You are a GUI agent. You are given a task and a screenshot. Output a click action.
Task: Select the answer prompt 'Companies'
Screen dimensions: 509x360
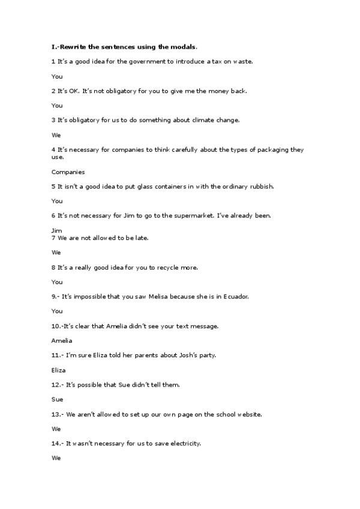[x=68, y=172]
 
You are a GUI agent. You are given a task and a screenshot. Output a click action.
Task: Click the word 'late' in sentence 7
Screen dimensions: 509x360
[x=141, y=238]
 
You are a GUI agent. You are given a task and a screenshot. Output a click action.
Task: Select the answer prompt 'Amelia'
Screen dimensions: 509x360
[x=62, y=340]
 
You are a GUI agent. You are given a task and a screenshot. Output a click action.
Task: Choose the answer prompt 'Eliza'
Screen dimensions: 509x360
[x=59, y=370]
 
